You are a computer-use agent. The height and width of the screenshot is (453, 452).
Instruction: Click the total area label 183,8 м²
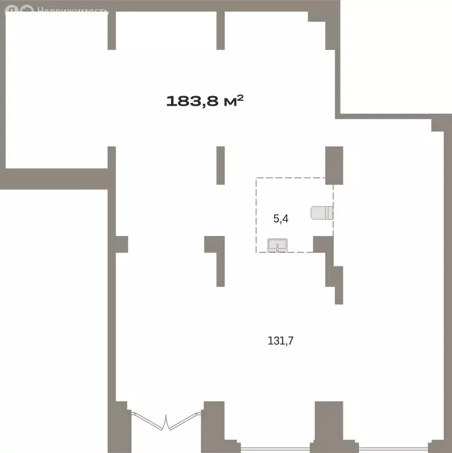(205, 101)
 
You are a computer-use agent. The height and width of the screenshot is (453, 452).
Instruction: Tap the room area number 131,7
(281, 341)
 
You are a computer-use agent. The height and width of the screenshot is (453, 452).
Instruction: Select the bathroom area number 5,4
(281, 219)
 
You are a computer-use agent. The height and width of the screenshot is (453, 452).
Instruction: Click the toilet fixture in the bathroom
(322, 213)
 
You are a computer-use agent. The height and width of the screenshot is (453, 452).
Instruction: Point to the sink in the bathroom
(278, 245)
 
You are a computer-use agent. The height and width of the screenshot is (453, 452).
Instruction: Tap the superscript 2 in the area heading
(240, 99)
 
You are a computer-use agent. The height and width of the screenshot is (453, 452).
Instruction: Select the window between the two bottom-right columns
(275, 449)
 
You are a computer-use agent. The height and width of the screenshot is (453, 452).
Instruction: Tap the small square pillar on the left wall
(122, 244)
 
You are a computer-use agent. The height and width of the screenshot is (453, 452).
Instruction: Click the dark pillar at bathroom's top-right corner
(334, 165)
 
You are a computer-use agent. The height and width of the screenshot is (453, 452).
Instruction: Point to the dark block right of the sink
(323, 244)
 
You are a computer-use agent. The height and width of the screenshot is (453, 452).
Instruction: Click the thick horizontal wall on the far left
(54, 179)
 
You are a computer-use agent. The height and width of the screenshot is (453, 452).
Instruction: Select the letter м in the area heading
(230, 102)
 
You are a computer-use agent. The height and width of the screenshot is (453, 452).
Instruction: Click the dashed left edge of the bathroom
(256, 215)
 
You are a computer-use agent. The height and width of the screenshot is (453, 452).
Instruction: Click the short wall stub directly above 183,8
(220, 30)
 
